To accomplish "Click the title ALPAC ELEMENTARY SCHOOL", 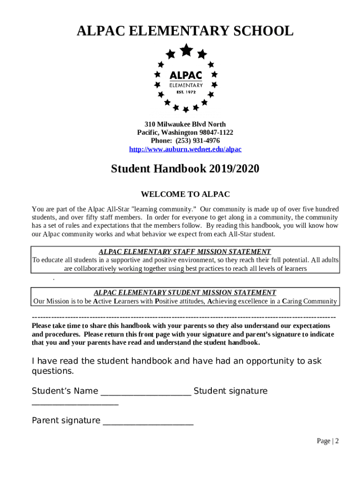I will pyautogui.click(x=185, y=32).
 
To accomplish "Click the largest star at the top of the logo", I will pyautogui.click(x=187, y=50).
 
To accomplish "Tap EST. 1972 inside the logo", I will pyautogui.click(x=186, y=92).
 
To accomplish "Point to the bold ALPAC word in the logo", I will pyautogui.click(x=186, y=75).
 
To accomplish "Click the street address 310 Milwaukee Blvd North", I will pyautogui.click(x=185, y=124).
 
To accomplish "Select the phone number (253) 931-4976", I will pyautogui.click(x=198, y=141).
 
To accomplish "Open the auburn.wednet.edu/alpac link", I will pyautogui.click(x=185, y=149).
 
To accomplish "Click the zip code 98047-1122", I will pyautogui.click(x=217, y=133).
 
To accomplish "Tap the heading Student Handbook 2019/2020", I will pyautogui.click(x=185, y=169).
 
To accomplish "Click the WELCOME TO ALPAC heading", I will pyautogui.click(x=185, y=194).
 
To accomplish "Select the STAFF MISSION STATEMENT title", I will pyautogui.click(x=185, y=252).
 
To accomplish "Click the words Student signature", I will pyautogui.click(x=230, y=391).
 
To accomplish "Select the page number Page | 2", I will pyautogui.click(x=327, y=441).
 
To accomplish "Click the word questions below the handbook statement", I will pyautogui.click(x=52, y=371).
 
